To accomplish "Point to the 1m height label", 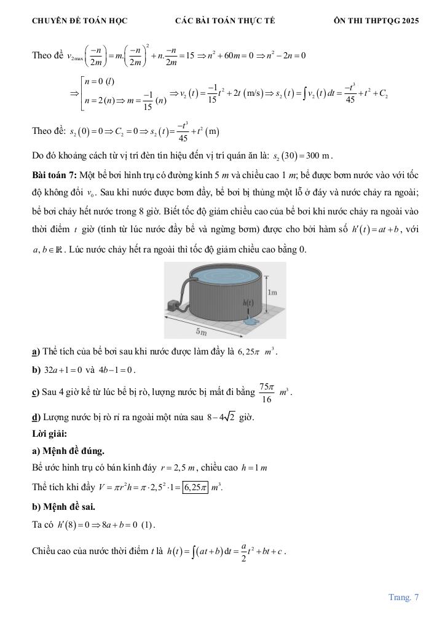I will coord(273,293).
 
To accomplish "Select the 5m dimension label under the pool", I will coord(201,332).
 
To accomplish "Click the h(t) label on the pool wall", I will coord(248,302).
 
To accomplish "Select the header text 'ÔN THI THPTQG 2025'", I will coord(376,20).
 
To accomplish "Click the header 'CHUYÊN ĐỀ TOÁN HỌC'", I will coord(79,20).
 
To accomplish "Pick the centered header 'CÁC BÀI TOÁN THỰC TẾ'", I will coord(225,20).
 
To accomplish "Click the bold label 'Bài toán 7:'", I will coord(52,175).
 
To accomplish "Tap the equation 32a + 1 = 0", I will coord(63,370).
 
